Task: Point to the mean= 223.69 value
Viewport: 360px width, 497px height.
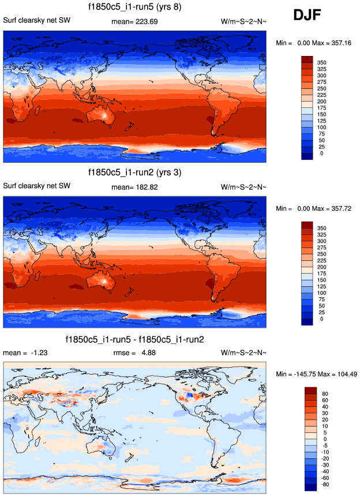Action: tap(134, 22)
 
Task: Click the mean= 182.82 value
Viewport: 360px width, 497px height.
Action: tap(134, 187)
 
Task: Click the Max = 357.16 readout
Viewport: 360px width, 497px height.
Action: tap(335, 43)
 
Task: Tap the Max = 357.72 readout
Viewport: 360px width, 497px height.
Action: tap(335, 208)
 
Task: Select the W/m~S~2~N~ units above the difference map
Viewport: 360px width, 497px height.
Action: tap(243, 352)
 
